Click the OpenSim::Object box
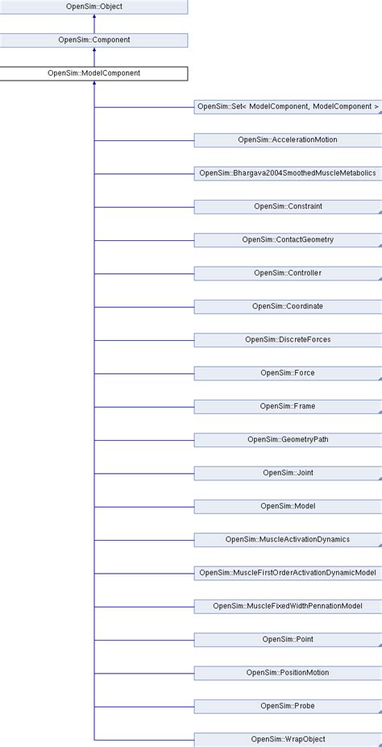[x=93, y=6]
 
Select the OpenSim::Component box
[x=93, y=39]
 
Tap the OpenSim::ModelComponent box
[x=93, y=73]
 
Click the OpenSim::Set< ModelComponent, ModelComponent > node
[x=288, y=106]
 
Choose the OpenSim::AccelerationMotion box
[x=288, y=139]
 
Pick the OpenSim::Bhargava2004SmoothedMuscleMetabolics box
[x=288, y=172]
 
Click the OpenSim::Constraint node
[x=288, y=206]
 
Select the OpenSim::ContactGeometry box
[x=288, y=239]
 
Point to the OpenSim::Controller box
[x=288, y=272]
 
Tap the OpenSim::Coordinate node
[x=288, y=306]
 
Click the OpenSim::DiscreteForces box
[x=288, y=339]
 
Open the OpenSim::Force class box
[x=288, y=372]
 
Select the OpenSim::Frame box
[x=288, y=406]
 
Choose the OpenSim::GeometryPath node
[x=288, y=439]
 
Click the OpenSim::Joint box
[x=288, y=472]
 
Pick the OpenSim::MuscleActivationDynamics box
[x=288, y=539]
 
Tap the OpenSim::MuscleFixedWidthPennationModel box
[x=288, y=605]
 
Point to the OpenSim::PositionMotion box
[x=288, y=672]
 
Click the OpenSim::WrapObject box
[x=288, y=738]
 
